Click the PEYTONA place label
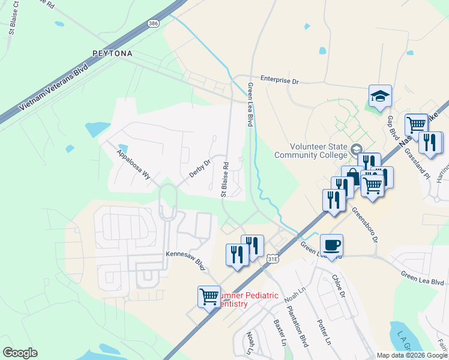112,53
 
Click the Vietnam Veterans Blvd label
53,87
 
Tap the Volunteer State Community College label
312,151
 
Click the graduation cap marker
380,96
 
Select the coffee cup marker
331,245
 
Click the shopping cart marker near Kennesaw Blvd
209,296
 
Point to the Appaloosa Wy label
134,165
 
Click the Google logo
20,353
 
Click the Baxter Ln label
279,332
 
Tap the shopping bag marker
352,177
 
